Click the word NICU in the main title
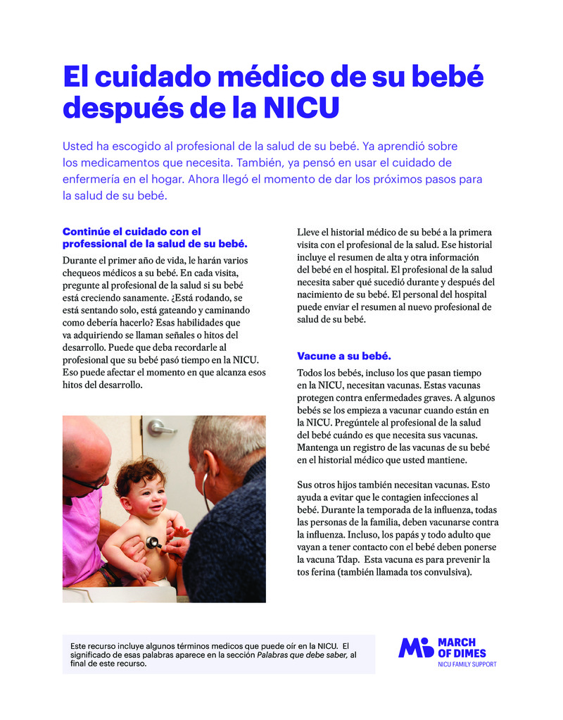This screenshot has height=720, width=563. pyautogui.click(x=301, y=108)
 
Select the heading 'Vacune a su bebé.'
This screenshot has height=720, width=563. pyautogui.click(x=343, y=356)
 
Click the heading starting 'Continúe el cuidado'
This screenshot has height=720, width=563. pyautogui.click(x=132, y=231)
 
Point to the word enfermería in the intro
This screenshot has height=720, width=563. pyautogui.click(x=91, y=180)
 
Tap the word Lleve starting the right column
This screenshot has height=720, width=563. pyautogui.click(x=309, y=232)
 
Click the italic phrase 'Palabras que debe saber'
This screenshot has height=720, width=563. pyautogui.click(x=301, y=654)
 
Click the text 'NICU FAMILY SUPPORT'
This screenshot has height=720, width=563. pyautogui.click(x=467, y=664)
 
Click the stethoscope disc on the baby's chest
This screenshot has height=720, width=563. pyautogui.click(x=153, y=542)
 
